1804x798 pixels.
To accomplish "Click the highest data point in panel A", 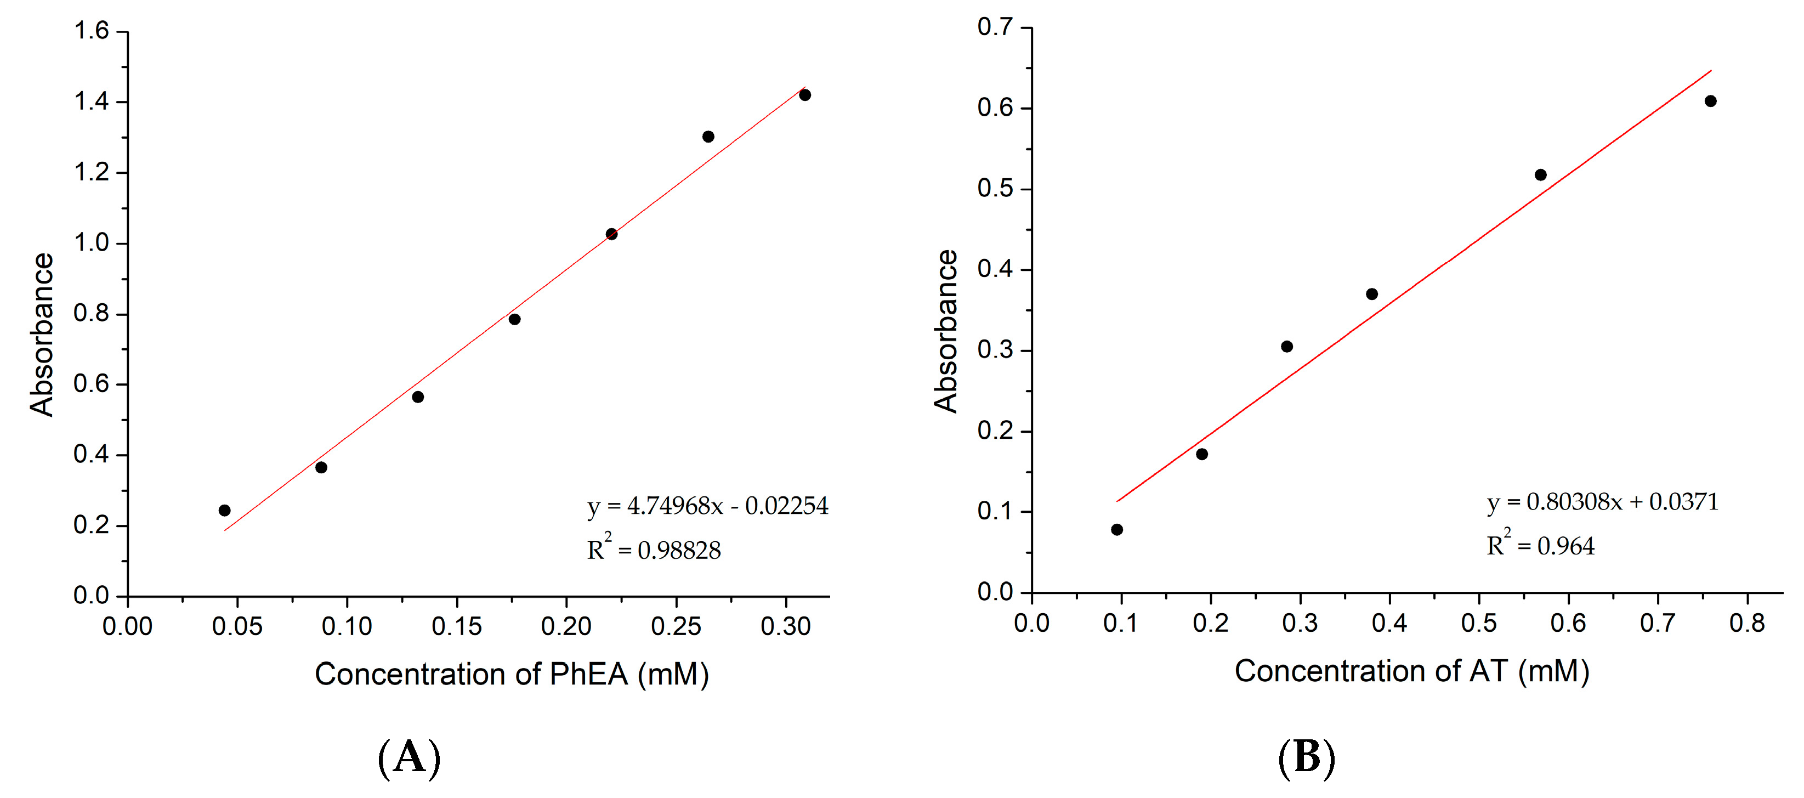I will point(804,94).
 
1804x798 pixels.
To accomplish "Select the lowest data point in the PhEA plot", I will point(224,510).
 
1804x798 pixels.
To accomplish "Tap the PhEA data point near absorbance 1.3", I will point(708,137).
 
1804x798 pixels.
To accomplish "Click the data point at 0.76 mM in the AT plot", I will point(1710,101).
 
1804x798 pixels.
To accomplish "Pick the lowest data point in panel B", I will point(1117,530).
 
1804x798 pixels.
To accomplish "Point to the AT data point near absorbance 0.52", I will point(1541,174).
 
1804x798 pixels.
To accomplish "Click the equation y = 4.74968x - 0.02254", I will point(707,506).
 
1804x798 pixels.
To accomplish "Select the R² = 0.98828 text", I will point(654,550).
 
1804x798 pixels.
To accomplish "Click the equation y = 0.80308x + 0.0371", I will point(1602,502).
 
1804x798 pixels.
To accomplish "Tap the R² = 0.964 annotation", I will point(1540,545).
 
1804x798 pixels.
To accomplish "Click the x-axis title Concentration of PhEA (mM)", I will point(511,674).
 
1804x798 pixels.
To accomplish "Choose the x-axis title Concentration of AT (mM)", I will point(1411,671).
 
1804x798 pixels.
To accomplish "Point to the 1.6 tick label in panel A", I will point(91,31).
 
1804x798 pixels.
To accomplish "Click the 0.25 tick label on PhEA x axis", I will point(676,626).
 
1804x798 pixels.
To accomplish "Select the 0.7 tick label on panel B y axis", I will point(995,27).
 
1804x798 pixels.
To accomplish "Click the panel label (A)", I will point(410,757).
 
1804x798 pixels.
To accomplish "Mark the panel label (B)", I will point(1307,757).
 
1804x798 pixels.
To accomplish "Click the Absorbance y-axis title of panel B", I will point(945,331).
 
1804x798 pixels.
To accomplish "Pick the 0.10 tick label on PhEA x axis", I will point(347,626).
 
